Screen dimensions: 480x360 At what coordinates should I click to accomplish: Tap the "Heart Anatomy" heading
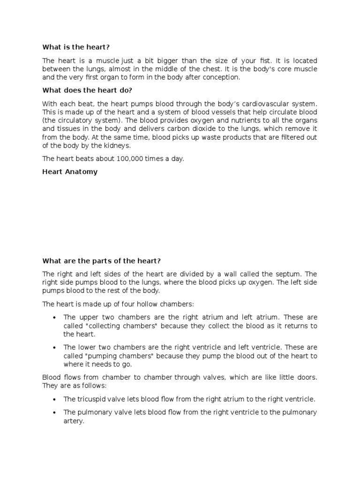click(70, 172)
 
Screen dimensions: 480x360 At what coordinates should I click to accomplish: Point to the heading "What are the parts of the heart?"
click(102, 261)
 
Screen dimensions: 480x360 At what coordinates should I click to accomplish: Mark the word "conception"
click(222, 78)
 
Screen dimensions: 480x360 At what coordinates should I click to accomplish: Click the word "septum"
click(292, 274)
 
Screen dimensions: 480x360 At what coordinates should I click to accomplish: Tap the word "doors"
click(306, 377)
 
